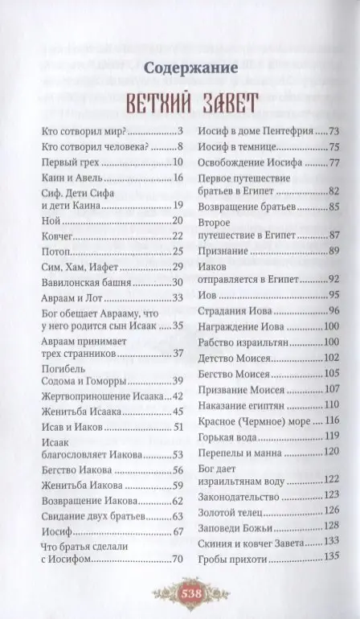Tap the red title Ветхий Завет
[180, 102]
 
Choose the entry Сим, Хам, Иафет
[76, 266]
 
